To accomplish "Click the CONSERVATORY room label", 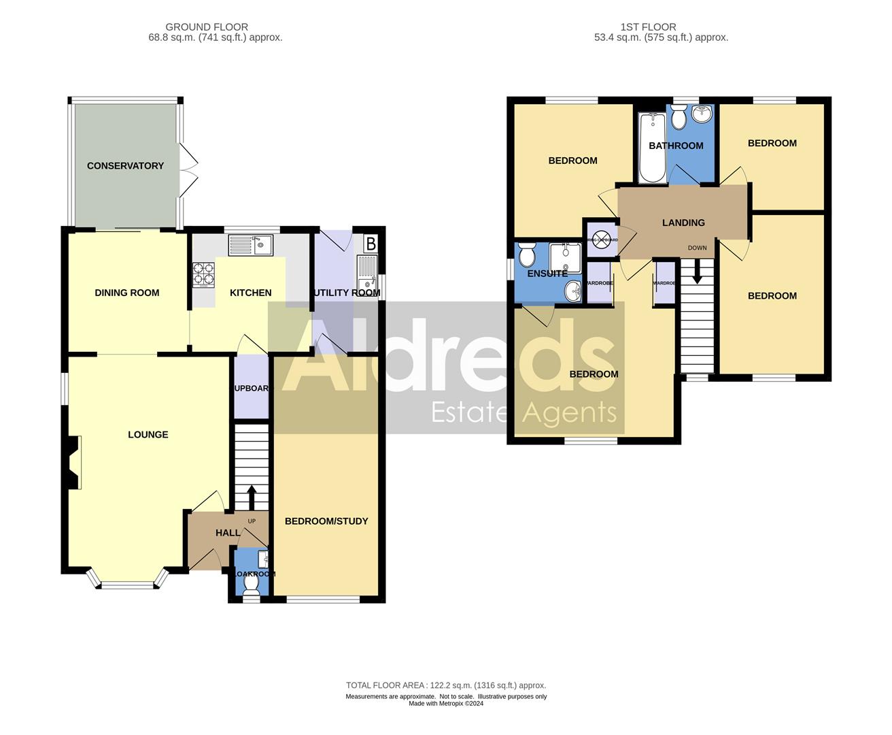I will (x=125, y=165).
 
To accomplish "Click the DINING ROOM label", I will (x=127, y=293).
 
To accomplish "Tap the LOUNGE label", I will (x=148, y=434).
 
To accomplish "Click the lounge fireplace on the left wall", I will (x=73, y=462).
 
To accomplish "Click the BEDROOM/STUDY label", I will (x=326, y=521).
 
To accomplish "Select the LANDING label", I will (x=683, y=223).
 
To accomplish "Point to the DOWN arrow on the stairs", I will (x=697, y=275).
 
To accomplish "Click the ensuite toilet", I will (x=527, y=257).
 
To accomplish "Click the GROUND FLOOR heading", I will (x=207, y=27).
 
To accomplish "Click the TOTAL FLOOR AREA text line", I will (x=446, y=685).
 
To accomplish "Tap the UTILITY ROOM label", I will (x=347, y=293).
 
